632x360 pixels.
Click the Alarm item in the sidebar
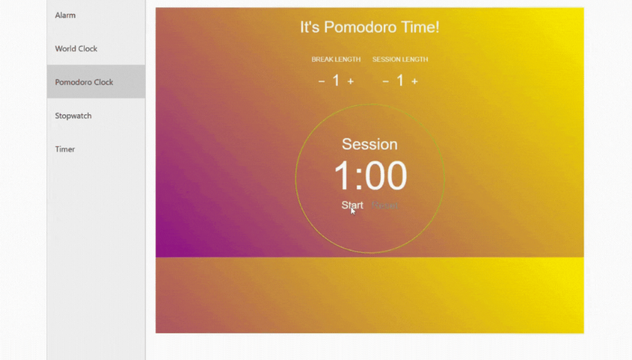click(66, 15)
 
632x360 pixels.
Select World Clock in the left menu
click(76, 48)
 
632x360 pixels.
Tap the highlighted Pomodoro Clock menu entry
click(84, 82)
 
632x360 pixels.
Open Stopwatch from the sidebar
click(73, 116)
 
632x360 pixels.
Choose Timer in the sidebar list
click(65, 149)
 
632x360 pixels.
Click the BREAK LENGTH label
click(336, 60)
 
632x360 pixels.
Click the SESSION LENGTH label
click(400, 60)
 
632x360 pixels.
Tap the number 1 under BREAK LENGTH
click(336, 81)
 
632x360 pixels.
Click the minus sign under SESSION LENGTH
click(386, 82)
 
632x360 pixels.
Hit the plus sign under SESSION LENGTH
click(415, 82)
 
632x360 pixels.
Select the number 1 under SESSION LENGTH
click(400, 81)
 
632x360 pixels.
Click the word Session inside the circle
click(370, 144)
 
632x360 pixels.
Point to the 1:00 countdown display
click(370, 176)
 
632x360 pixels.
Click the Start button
click(352, 205)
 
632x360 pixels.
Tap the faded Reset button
click(385, 205)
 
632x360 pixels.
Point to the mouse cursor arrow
click(353, 211)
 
